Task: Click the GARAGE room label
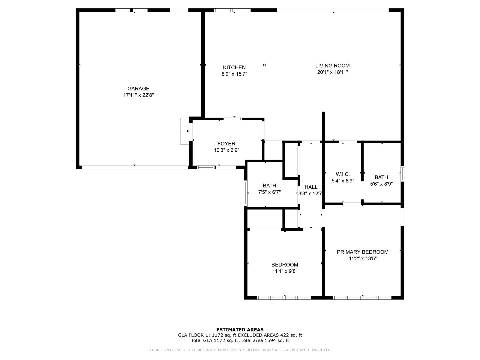click(138, 89)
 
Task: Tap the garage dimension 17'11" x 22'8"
click(138, 95)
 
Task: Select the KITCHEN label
click(234, 67)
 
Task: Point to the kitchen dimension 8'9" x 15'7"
click(234, 74)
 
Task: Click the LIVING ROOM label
click(332, 66)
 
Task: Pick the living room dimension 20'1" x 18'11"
click(332, 72)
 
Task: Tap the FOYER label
click(226, 144)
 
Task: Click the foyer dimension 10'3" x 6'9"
click(226, 150)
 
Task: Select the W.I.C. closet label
click(343, 174)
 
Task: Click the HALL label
click(311, 187)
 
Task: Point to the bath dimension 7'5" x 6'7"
click(269, 192)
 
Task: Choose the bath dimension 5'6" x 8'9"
click(381, 184)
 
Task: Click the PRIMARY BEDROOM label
click(362, 252)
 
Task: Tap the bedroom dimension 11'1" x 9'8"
click(285, 271)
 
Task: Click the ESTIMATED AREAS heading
click(240, 330)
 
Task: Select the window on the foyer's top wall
click(233, 118)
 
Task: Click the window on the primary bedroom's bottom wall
click(362, 297)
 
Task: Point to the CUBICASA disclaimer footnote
click(240, 350)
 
